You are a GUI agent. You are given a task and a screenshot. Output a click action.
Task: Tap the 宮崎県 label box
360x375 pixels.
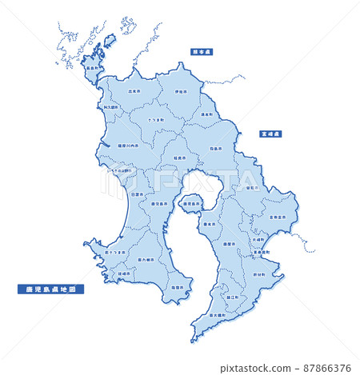point(269,135)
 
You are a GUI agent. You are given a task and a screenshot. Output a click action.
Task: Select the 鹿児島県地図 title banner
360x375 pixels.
point(50,289)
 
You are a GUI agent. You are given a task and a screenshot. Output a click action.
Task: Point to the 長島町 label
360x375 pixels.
point(92,69)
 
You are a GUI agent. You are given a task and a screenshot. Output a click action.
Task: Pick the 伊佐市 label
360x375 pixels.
point(181,92)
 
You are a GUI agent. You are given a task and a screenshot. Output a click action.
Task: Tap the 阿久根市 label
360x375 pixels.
point(111,106)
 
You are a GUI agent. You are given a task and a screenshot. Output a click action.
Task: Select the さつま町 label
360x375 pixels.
point(155,120)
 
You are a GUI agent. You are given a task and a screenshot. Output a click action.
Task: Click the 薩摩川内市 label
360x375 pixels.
point(128,146)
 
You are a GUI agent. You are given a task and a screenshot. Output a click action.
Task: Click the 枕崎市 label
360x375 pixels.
point(125,273)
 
